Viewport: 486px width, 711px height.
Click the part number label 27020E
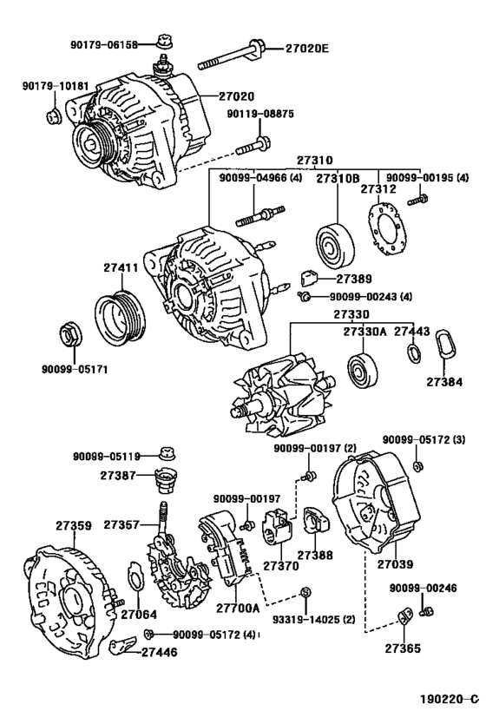tap(307, 48)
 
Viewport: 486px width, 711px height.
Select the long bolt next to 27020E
tap(230, 56)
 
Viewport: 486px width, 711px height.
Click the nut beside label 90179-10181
tap(53, 113)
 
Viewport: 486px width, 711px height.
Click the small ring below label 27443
tap(413, 353)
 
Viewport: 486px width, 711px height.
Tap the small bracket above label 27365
tap(403, 618)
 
